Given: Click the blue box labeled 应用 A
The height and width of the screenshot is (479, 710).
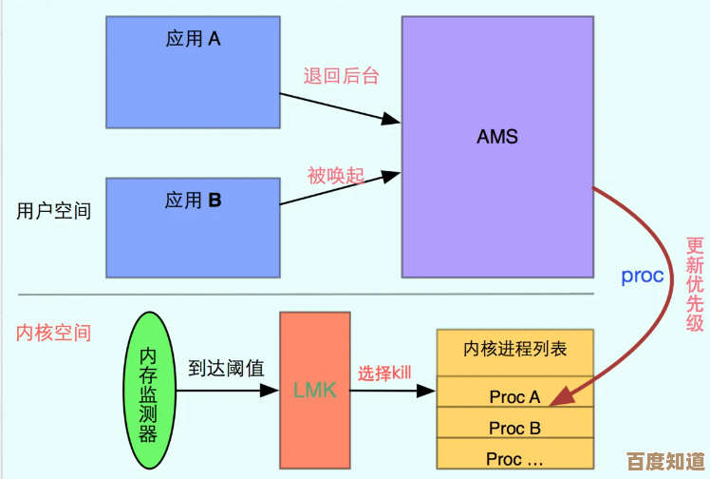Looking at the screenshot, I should tap(193, 72).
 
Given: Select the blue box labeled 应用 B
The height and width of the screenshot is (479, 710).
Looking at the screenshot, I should tap(193, 227).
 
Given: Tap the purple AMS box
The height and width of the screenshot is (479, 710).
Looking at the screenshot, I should tap(497, 146).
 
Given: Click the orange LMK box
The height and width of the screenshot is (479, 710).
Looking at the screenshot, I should tap(314, 389).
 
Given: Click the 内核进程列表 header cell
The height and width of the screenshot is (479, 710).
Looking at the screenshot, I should tap(514, 351).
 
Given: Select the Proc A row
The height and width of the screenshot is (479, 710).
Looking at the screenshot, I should tap(514, 396).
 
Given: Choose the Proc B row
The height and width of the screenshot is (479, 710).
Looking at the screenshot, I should tap(514, 428).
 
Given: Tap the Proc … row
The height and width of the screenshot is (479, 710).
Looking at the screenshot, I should tap(514, 458).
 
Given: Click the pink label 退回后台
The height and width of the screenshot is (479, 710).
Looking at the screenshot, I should tap(341, 76).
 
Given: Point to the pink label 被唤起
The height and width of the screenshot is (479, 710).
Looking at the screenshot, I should tap(335, 176).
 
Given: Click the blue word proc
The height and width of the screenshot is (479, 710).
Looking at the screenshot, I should tap(643, 277).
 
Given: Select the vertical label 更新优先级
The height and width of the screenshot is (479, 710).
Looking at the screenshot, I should tap(696, 282).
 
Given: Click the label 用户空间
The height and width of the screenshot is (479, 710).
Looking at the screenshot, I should tap(54, 211).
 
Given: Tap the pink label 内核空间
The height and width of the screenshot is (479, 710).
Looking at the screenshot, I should tap(54, 334).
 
